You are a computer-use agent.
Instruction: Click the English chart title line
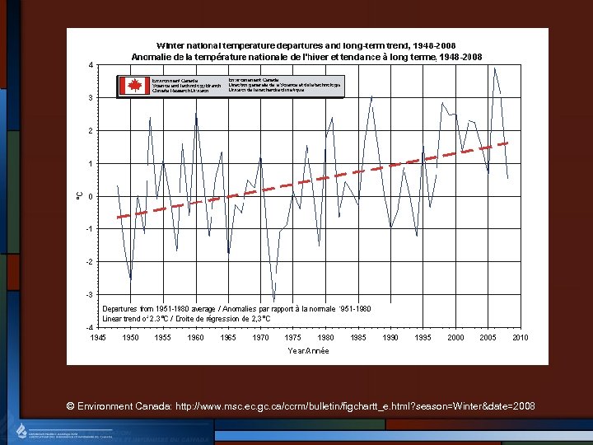(x=306, y=44)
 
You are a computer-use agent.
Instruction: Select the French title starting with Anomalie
(x=307, y=56)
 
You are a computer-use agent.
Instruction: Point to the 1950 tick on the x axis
(x=130, y=338)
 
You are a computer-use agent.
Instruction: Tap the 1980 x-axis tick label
(x=326, y=338)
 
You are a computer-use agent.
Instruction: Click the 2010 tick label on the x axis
(x=521, y=338)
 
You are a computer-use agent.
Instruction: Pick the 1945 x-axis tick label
(x=97, y=338)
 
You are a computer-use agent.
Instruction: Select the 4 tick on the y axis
(x=91, y=65)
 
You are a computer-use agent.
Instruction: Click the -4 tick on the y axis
(x=90, y=327)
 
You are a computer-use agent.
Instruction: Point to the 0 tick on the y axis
(x=91, y=196)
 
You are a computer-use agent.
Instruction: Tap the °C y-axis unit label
(x=78, y=195)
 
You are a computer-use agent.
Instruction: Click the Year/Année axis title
(x=308, y=351)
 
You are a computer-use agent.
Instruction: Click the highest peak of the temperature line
(x=494, y=68)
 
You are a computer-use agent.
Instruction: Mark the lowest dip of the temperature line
(x=273, y=302)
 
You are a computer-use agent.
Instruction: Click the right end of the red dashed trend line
(x=508, y=143)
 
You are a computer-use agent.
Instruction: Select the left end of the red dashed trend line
(x=117, y=217)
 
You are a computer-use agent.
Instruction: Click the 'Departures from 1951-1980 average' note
(x=236, y=308)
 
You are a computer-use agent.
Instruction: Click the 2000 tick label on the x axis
(x=455, y=338)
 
